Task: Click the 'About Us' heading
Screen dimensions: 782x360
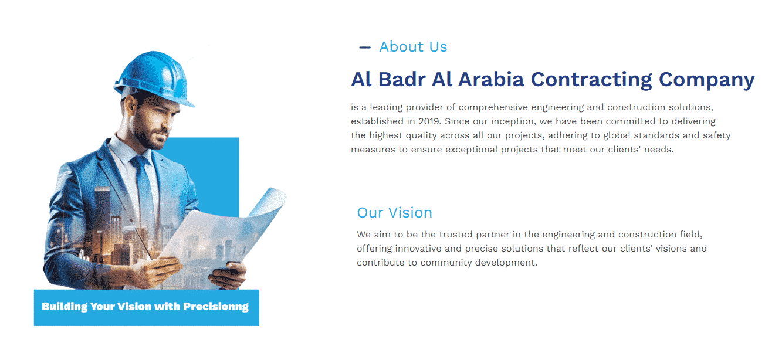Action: pos(413,47)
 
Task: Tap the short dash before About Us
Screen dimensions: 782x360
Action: pos(365,47)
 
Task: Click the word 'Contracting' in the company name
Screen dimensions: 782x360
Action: pos(591,80)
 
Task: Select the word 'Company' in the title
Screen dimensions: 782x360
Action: pos(706,80)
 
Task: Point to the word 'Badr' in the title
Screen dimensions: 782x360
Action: pos(402,79)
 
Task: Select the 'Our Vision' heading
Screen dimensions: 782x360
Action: pos(394,212)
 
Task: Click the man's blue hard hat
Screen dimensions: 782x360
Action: pos(154,78)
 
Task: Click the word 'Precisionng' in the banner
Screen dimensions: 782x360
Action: pos(216,307)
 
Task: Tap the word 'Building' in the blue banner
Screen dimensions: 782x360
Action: pos(65,307)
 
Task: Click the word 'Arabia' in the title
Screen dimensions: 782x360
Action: pos(491,79)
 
